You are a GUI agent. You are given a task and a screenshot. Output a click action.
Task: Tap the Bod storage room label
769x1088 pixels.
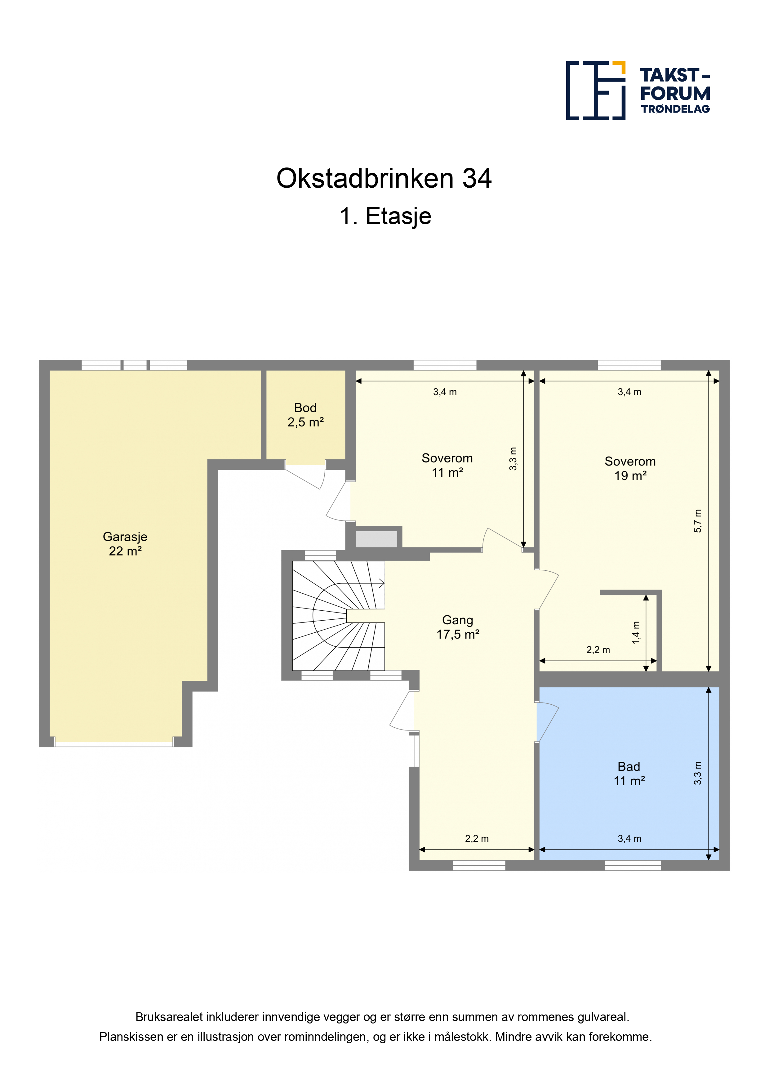click(306, 415)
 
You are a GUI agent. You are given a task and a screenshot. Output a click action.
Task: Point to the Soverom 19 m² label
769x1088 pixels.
click(630, 468)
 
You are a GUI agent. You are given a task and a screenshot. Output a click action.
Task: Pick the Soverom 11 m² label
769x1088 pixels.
click(447, 465)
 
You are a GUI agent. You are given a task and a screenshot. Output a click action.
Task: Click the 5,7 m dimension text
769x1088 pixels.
click(698, 521)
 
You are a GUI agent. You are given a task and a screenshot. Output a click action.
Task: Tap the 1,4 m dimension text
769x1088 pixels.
click(636, 633)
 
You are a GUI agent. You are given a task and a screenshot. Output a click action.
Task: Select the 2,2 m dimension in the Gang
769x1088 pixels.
click(477, 838)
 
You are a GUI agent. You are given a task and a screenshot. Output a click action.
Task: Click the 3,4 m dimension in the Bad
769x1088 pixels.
click(629, 838)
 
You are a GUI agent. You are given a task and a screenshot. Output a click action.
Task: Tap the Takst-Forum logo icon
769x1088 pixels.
click(596, 91)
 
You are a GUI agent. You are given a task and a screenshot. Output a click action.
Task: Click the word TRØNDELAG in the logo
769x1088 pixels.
click(676, 109)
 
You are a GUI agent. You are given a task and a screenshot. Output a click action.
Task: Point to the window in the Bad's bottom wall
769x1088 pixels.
click(633, 865)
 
